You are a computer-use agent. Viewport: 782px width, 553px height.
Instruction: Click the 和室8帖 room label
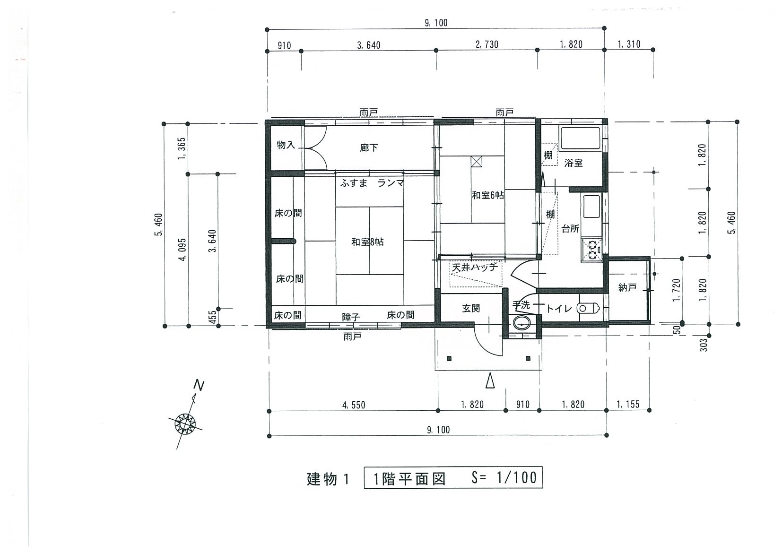[367, 242]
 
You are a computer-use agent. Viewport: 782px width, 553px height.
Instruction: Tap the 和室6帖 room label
[488, 195]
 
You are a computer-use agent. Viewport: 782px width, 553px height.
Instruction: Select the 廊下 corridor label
[369, 148]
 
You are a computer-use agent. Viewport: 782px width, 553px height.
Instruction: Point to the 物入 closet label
[286, 145]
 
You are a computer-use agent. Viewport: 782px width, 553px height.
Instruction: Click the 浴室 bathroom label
[573, 163]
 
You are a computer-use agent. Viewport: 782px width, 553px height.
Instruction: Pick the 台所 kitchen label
[570, 229]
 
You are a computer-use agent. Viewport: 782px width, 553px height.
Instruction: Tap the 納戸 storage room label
[627, 287]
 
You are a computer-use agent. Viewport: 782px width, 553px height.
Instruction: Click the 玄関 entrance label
[471, 308]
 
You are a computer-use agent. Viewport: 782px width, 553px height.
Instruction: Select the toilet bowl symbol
[588, 308]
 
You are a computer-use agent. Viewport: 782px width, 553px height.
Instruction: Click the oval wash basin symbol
[522, 324]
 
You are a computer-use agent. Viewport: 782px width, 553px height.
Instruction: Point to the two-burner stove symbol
[592, 250]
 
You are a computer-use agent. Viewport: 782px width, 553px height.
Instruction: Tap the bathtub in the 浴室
[580, 139]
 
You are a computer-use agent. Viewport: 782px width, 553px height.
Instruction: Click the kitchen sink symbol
[591, 206]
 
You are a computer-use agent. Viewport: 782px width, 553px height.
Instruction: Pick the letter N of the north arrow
[199, 385]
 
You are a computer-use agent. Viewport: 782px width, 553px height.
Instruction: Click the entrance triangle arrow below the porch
[490, 380]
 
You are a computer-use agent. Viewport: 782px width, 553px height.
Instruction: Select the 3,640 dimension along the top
[369, 45]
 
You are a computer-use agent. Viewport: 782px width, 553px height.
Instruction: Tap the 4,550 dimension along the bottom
[354, 405]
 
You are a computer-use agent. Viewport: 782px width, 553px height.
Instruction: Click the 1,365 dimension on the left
[182, 148]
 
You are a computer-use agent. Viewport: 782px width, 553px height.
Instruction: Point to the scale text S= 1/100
[504, 478]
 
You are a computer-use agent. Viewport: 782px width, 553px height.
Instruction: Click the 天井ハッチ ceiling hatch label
[475, 268]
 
